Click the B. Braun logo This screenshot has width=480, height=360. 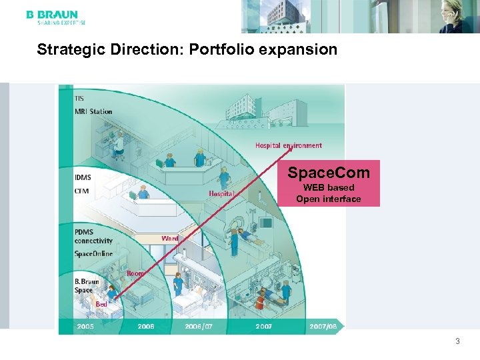point(52,17)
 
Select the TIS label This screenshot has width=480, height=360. point(80,99)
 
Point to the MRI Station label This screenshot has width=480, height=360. point(93,111)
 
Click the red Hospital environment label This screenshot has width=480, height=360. point(288,145)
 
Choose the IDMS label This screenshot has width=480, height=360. point(83,177)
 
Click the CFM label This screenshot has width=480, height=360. point(81,191)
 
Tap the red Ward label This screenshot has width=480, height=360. point(169,238)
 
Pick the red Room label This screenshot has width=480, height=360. point(135,273)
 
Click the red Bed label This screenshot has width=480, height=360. point(101,304)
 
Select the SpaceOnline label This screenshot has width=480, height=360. point(93,254)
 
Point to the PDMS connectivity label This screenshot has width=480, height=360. point(93,236)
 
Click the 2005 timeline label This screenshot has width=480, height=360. point(85,327)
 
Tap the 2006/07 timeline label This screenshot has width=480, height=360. point(200,327)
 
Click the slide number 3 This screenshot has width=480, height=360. point(457,342)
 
